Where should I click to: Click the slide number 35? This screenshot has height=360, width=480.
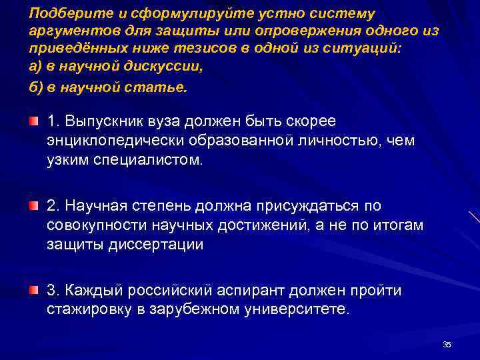447,344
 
